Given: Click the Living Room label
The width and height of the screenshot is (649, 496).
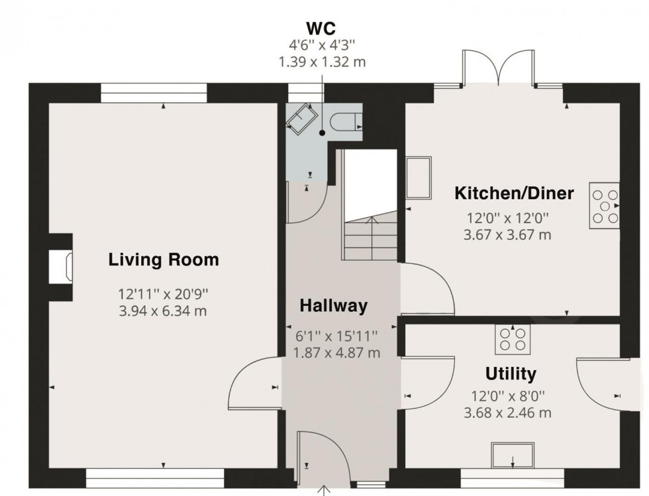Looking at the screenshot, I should (x=163, y=260).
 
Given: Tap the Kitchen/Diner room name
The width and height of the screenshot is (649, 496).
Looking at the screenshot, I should (x=513, y=193).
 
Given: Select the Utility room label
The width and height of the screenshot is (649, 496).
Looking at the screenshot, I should (x=510, y=374).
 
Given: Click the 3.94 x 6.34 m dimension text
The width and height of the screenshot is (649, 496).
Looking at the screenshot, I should (x=163, y=310).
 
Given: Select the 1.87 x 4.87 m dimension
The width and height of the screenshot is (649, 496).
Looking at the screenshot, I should (x=336, y=354).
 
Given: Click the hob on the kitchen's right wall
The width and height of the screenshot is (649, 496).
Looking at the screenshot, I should (x=605, y=206).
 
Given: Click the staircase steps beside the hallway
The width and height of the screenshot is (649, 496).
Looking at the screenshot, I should (x=369, y=238).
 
